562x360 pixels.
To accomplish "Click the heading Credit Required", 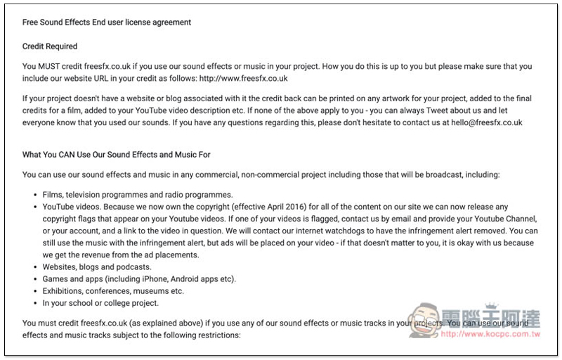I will coord(50,46).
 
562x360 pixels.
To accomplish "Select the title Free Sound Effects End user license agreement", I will coord(107,22).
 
